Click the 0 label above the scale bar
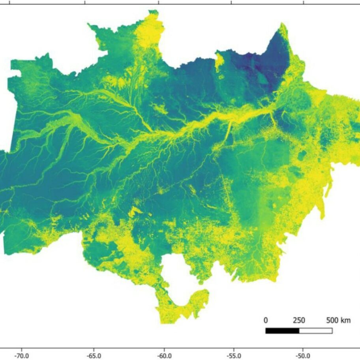click(x=266, y=320)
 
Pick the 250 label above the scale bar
click(x=299, y=320)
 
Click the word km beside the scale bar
click(x=345, y=320)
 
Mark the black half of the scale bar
click(x=282, y=330)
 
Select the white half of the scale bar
click(x=315, y=330)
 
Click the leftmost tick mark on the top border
click(x=85, y=2)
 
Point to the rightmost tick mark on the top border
click(x=304, y=2)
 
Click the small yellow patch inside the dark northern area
click(x=219, y=61)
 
